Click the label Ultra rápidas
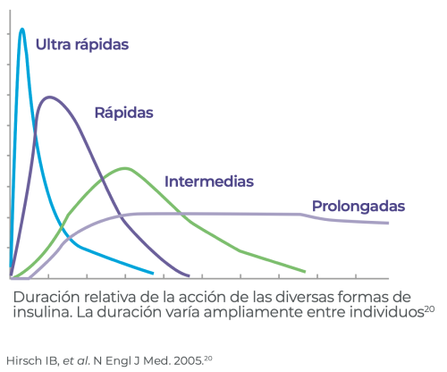(x=82, y=45)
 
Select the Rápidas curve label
(x=123, y=113)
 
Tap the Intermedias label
(x=209, y=182)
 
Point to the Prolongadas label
(x=358, y=207)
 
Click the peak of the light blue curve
(x=21, y=30)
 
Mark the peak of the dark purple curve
(x=49, y=97)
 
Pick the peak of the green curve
(x=126, y=169)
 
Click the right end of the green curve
(x=305, y=272)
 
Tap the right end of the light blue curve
(x=153, y=273)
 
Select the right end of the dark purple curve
(x=189, y=275)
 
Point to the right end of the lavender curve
(x=388, y=223)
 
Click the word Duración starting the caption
(x=46, y=297)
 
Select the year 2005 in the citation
(x=189, y=360)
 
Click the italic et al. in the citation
(x=76, y=360)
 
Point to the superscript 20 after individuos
(x=429, y=309)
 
